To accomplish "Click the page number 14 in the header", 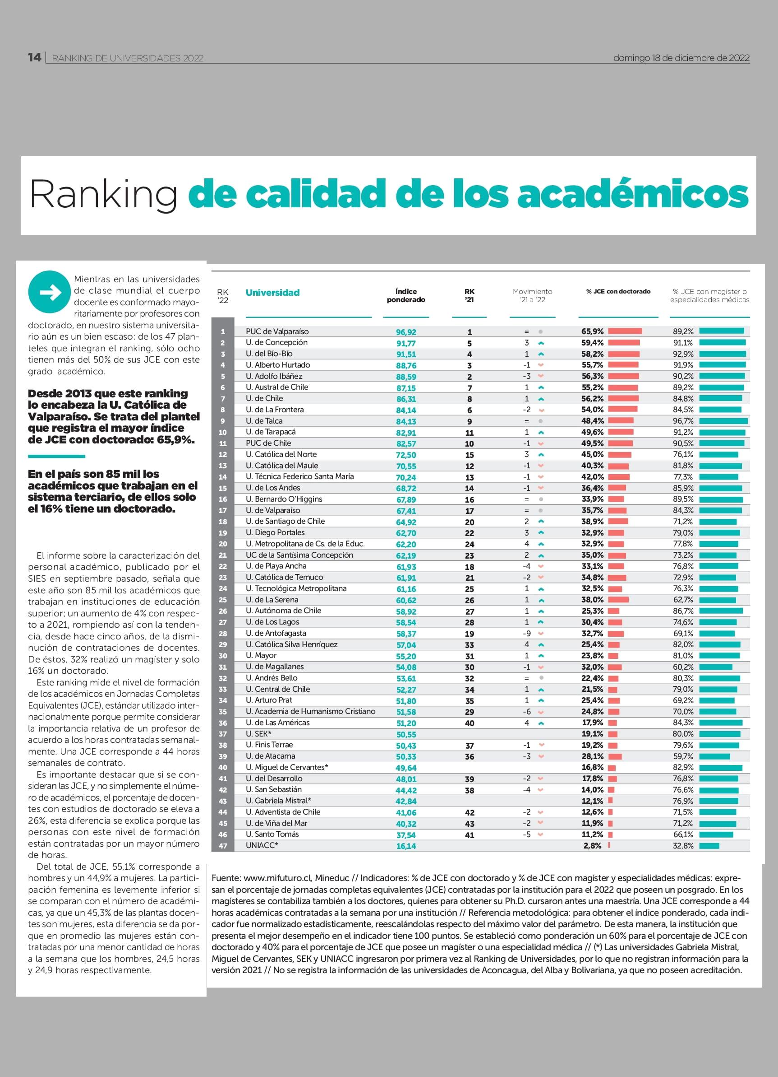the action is pyautogui.click(x=35, y=57).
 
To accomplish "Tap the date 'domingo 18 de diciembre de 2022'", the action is pyautogui.click(x=681, y=58).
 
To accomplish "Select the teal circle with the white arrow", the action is pyautogui.click(x=49, y=292).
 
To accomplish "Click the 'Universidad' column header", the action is pyautogui.click(x=272, y=293).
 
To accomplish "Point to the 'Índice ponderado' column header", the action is pyautogui.click(x=405, y=295).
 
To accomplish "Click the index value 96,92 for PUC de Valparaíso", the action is pyautogui.click(x=406, y=332).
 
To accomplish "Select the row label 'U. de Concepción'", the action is pyautogui.click(x=276, y=342).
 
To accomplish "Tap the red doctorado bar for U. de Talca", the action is pyautogui.click(x=621, y=420).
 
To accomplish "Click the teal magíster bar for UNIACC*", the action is pyautogui.click(x=709, y=846).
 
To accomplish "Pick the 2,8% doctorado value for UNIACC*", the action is pyautogui.click(x=593, y=846).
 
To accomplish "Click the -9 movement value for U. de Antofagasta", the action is pyautogui.click(x=527, y=634).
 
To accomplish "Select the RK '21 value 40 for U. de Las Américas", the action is pyautogui.click(x=469, y=723).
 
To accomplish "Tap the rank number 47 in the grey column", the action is pyautogui.click(x=222, y=846).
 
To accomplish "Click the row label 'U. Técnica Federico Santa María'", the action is pyautogui.click(x=300, y=476).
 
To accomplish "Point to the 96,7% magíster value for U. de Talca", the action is pyautogui.click(x=683, y=421).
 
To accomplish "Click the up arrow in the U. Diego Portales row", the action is pyautogui.click(x=541, y=533).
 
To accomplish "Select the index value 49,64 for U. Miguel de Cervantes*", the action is pyautogui.click(x=406, y=768).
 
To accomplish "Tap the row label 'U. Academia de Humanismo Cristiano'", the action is pyautogui.click(x=310, y=711).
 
